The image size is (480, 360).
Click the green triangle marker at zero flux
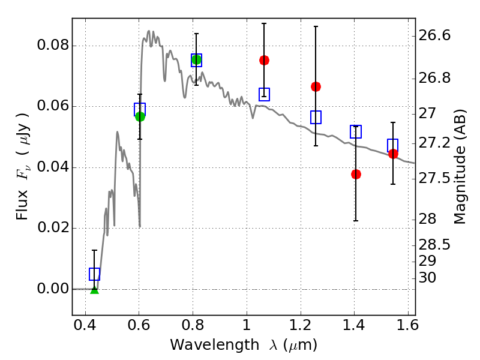point(95,290)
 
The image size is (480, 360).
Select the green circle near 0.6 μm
point(140,116)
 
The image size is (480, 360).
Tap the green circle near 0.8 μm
point(196,59)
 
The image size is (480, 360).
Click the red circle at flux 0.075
point(264,61)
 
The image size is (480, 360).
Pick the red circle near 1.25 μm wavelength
point(316,87)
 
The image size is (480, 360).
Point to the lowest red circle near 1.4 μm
point(356,175)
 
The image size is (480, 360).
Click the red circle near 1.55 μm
point(393,154)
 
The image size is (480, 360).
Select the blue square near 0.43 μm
point(94,274)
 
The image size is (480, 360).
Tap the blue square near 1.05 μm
point(264,94)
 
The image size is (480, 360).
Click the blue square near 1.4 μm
point(356,131)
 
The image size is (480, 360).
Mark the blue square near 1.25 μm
point(316,117)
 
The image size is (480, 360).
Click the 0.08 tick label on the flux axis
point(53,45)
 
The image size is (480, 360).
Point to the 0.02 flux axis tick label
point(53,227)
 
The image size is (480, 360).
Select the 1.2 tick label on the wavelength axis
point(301,325)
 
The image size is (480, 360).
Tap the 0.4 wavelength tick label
point(85,325)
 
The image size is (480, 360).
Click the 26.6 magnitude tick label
point(434,35)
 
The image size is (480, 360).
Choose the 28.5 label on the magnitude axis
point(434,245)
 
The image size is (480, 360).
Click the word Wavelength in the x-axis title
point(215,345)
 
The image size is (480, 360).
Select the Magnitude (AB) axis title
point(459,167)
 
